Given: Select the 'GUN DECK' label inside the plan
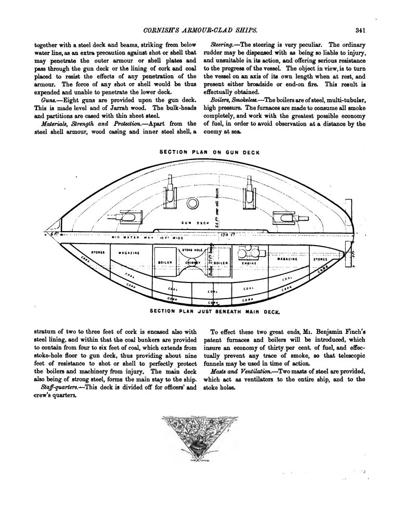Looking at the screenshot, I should point(195,223).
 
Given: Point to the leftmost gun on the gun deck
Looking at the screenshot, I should point(126,215).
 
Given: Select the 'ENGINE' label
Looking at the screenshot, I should point(248,263).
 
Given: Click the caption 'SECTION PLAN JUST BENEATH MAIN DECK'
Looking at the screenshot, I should point(214,312).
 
